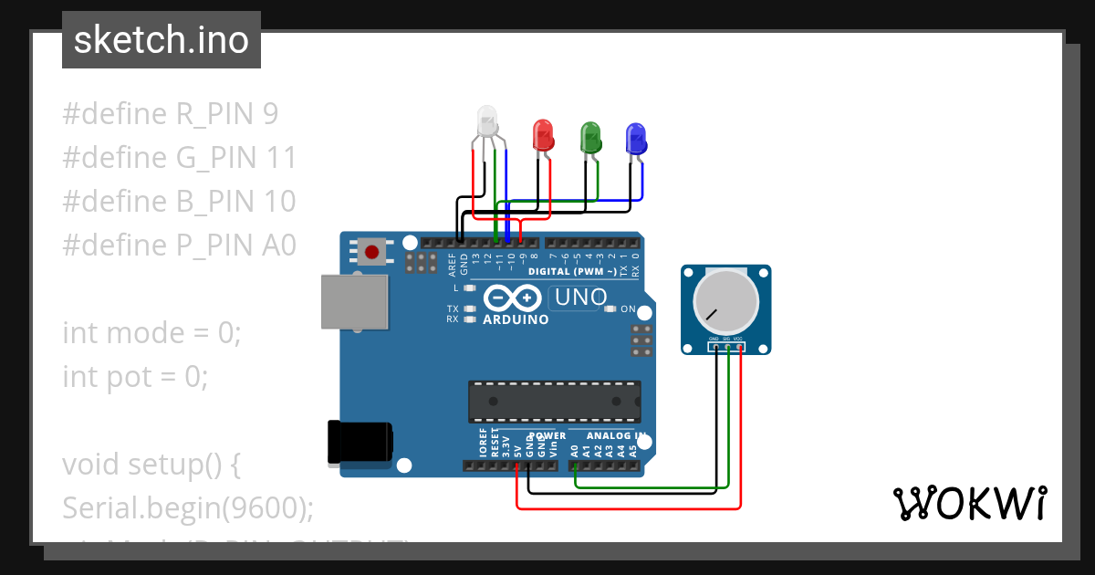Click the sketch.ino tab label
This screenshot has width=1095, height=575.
(x=162, y=40)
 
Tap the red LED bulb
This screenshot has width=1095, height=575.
(x=543, y=135)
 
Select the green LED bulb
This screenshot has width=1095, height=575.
(x=591, y=137)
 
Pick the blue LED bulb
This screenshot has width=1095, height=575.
(x=636, y=138)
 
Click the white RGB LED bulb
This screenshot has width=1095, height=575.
(x=488, y=122)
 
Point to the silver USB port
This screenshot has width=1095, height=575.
(x=355, y=302)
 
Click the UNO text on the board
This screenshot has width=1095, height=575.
(x=581, y=298)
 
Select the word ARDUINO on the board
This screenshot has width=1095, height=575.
(x=516, y=320)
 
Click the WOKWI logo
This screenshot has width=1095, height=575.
(x=969, y=503)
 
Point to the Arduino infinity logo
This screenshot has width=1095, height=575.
(x=514, y=298)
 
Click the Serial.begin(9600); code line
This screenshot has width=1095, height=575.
(x=188, y=507)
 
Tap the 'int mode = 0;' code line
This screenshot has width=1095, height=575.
(x=151, y=333)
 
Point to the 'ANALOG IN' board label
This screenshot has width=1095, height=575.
(x=616, y=436)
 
